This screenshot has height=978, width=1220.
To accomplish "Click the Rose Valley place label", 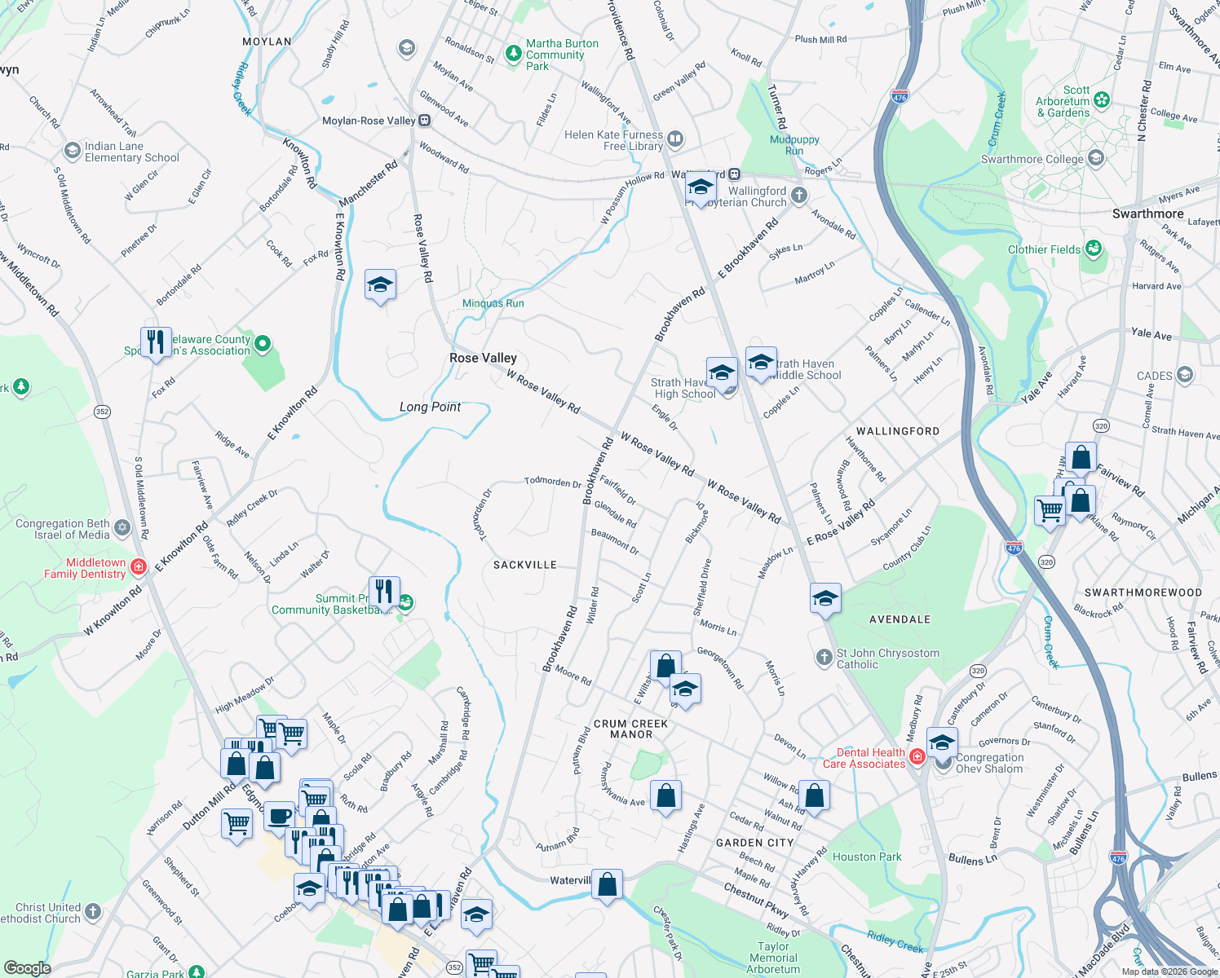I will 483,358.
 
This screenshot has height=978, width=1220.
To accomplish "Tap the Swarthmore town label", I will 1147,214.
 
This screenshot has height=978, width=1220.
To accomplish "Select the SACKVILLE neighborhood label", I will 525,565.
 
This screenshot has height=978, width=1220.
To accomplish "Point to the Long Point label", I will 430,407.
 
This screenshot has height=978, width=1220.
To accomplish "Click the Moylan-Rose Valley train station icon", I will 425,121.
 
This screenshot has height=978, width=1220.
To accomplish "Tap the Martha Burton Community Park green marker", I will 513,55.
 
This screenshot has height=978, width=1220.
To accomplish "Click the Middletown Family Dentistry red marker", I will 138,567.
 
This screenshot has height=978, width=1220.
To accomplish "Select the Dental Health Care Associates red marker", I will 917,757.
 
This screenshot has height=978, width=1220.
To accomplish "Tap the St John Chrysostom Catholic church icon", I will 824,657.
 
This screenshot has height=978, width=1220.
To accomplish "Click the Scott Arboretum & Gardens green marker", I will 1102,100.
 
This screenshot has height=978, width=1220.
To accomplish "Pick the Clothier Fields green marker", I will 1093,249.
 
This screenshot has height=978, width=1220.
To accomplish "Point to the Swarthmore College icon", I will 1096,158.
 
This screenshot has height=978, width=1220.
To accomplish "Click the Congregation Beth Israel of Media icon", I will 122,528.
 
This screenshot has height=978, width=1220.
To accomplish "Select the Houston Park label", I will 867,857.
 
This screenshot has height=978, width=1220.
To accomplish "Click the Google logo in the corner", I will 27,967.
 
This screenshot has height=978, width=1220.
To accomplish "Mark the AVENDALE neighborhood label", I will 900,619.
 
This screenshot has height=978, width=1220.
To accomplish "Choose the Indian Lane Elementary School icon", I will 72,151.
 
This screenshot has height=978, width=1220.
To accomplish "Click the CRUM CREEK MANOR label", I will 631,729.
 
